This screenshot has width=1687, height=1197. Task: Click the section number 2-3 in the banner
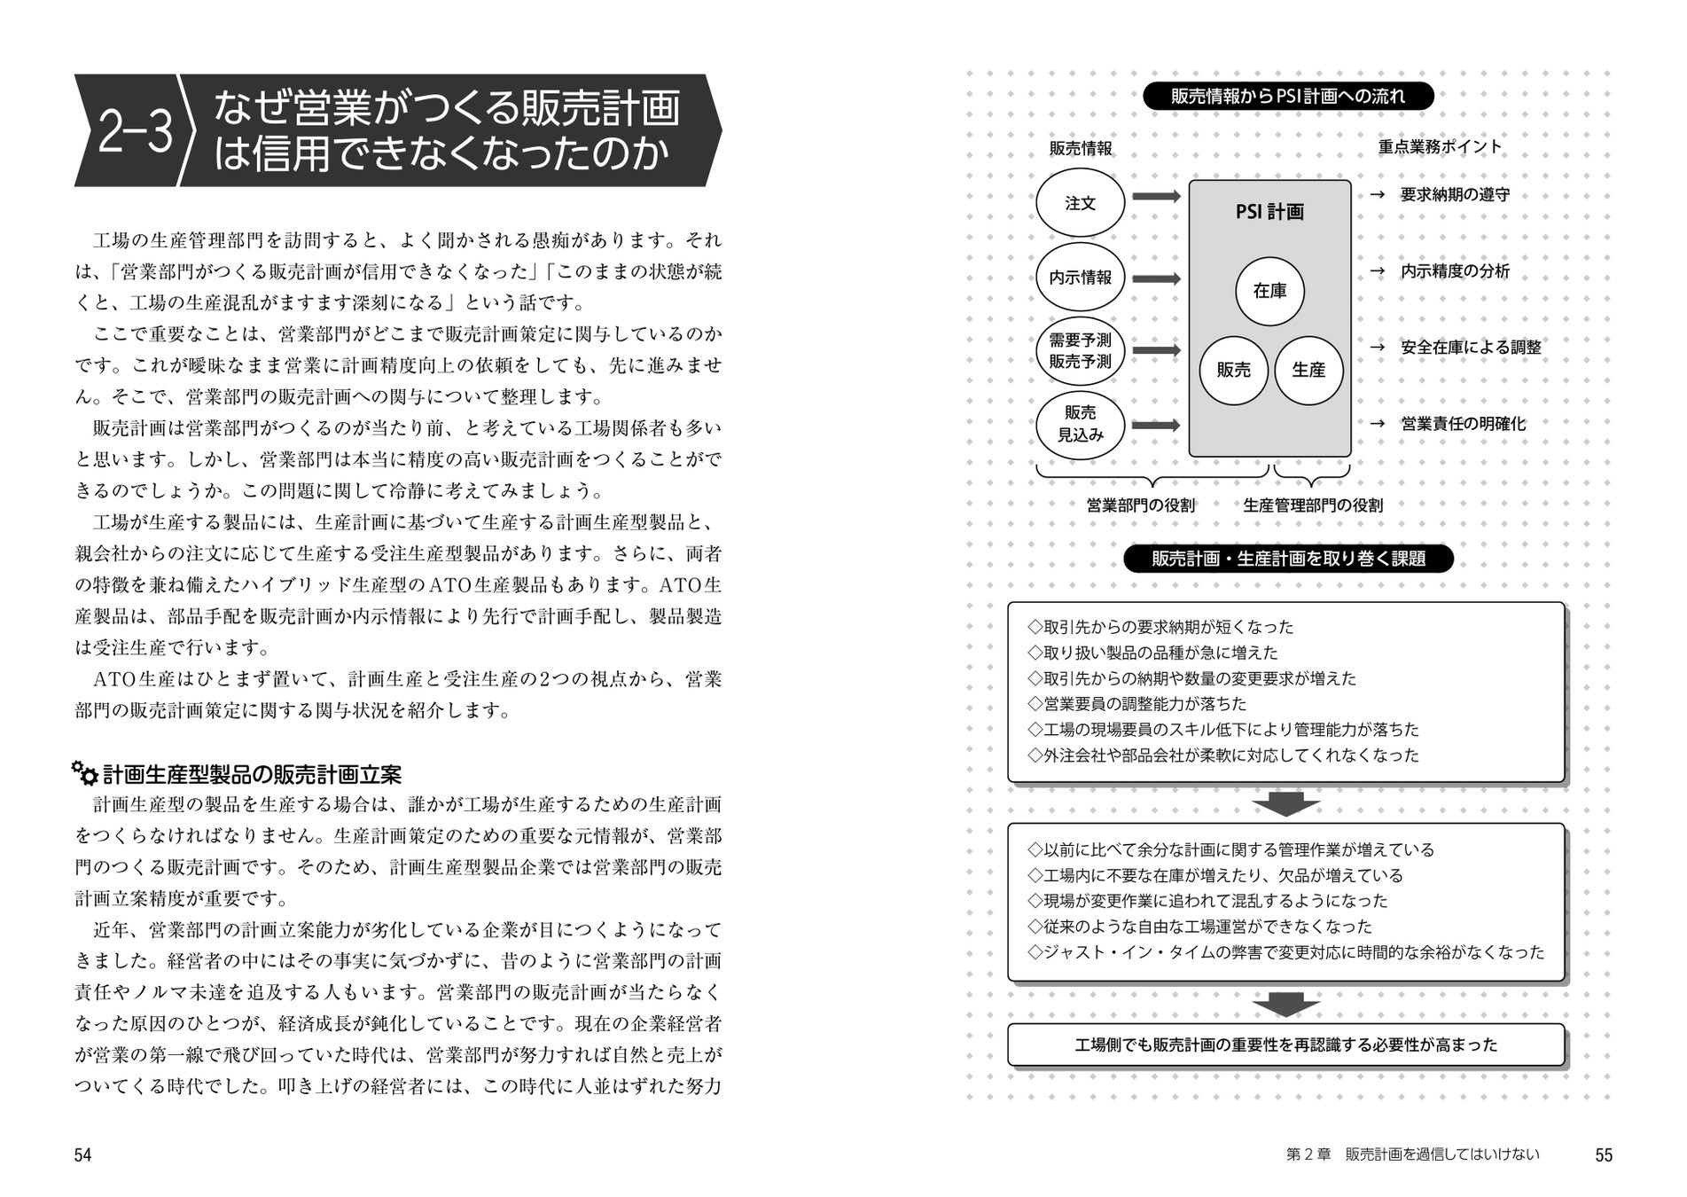(135, 132)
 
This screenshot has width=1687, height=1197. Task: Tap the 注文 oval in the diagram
(1080, 203)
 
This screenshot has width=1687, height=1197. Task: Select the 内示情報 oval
(1080, 278)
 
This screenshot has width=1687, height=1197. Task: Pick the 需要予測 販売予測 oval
(1080, 351)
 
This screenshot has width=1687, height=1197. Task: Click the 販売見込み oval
(1080, 424)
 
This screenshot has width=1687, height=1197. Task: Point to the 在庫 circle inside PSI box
(1269, 291)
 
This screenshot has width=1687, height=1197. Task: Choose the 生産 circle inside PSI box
(1308, 370)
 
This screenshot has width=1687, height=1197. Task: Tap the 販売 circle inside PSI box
(1233, 370)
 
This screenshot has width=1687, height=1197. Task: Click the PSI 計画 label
(1269, 212)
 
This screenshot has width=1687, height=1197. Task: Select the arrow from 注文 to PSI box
(1156, 197)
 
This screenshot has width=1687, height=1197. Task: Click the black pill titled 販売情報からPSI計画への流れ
(1287, 96)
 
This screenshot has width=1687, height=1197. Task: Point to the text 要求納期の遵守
(1455, 195)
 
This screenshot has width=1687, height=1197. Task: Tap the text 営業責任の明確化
(1463, 424)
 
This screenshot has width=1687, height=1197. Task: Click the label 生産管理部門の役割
(1313, 505)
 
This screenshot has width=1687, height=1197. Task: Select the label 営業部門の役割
(1141, 505)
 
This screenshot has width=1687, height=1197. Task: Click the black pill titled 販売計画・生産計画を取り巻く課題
(1288, 559)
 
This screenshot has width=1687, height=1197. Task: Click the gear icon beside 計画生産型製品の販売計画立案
(85, 773)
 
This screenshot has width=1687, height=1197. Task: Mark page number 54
(82, 1154)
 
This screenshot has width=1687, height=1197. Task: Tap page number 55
(1603, 1154)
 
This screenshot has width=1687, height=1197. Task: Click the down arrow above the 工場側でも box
(1286, 1005)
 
